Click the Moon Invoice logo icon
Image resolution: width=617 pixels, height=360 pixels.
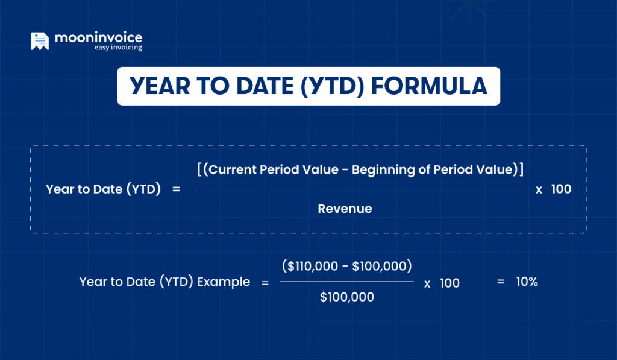click(40, 41)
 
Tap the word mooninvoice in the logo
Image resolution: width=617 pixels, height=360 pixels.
click(98, 38)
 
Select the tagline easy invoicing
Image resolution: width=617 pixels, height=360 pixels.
click(118, 48)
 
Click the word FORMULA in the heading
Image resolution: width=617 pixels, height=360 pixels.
click(428, 86)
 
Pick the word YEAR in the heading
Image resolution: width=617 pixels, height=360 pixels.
click(163, 86)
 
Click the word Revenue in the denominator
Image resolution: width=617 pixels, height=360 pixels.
click(345, 209)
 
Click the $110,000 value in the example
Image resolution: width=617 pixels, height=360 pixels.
click(313, 266)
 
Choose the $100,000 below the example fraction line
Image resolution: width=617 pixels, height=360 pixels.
click(346, 297)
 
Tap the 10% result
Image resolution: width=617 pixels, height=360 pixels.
click(526, 282)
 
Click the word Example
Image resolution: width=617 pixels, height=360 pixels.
click(225, 282)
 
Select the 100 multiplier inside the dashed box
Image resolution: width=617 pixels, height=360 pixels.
click(561, 189)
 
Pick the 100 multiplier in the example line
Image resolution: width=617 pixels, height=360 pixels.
click(449, 283)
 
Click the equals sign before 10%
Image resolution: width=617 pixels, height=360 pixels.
click(500, 282)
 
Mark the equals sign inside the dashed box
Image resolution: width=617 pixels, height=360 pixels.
click(177, 189)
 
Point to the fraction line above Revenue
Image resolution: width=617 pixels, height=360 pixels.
click(360, 189)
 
